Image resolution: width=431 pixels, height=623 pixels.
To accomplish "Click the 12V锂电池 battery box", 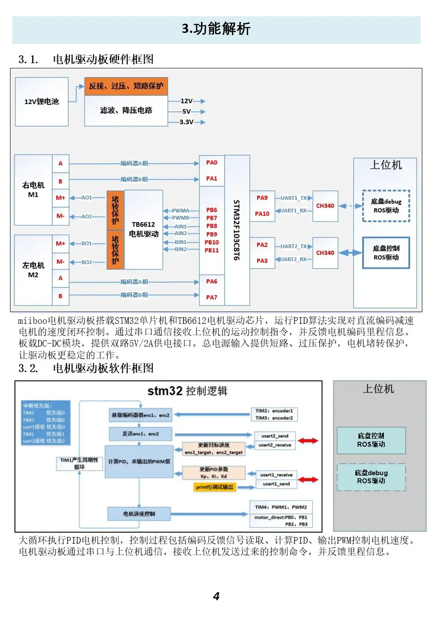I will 42,102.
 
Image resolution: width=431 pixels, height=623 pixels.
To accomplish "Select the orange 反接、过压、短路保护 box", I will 126,86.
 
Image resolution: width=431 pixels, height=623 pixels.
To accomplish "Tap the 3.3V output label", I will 187,122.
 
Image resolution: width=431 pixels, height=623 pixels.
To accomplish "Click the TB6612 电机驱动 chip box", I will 144,229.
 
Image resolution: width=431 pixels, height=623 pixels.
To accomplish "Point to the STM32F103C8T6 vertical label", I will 237,230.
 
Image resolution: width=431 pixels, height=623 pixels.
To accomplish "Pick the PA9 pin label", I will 262,198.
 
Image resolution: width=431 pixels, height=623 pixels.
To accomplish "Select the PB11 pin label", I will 212,250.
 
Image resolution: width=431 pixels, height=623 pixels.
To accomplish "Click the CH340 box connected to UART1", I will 325,206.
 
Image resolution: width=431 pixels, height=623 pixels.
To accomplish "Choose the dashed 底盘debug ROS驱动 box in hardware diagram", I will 386,206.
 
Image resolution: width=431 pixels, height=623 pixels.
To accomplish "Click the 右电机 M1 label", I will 33,190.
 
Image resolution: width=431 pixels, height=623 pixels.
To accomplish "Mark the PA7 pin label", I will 212,297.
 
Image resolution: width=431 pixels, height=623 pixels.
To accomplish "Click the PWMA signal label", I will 180,211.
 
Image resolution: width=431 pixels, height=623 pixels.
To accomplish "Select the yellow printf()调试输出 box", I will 215,487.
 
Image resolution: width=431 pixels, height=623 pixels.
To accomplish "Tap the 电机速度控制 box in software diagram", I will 139,514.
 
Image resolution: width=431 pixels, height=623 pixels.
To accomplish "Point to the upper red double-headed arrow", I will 308,440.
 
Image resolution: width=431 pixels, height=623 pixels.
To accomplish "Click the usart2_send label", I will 275,436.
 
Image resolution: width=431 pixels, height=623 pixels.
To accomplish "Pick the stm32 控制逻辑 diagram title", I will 187,391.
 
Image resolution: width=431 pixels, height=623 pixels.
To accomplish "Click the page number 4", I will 216,596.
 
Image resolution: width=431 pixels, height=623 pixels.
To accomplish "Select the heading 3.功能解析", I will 216,29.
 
